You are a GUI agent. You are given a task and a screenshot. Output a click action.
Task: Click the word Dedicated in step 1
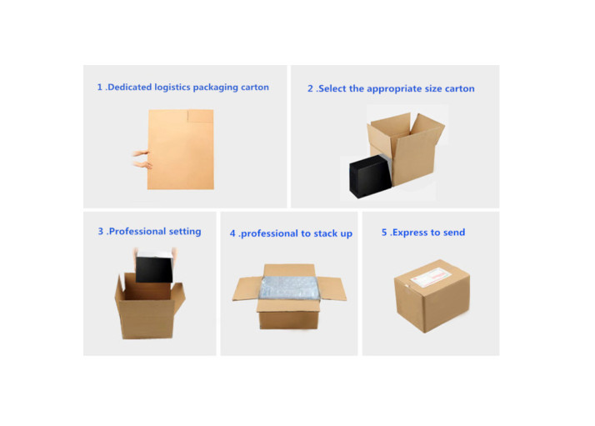coord(132,88)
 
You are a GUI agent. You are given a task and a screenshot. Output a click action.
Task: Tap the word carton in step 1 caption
coord(252,88)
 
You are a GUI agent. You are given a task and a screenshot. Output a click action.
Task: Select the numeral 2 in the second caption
coord(310,88)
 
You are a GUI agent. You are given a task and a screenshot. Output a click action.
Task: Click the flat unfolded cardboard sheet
coord(181,150)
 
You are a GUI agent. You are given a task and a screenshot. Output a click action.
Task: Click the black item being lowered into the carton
coord(154,268)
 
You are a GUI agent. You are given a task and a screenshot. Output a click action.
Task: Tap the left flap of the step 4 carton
coord(246,288)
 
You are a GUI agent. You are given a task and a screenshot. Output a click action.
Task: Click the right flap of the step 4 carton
coord(332,288)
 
